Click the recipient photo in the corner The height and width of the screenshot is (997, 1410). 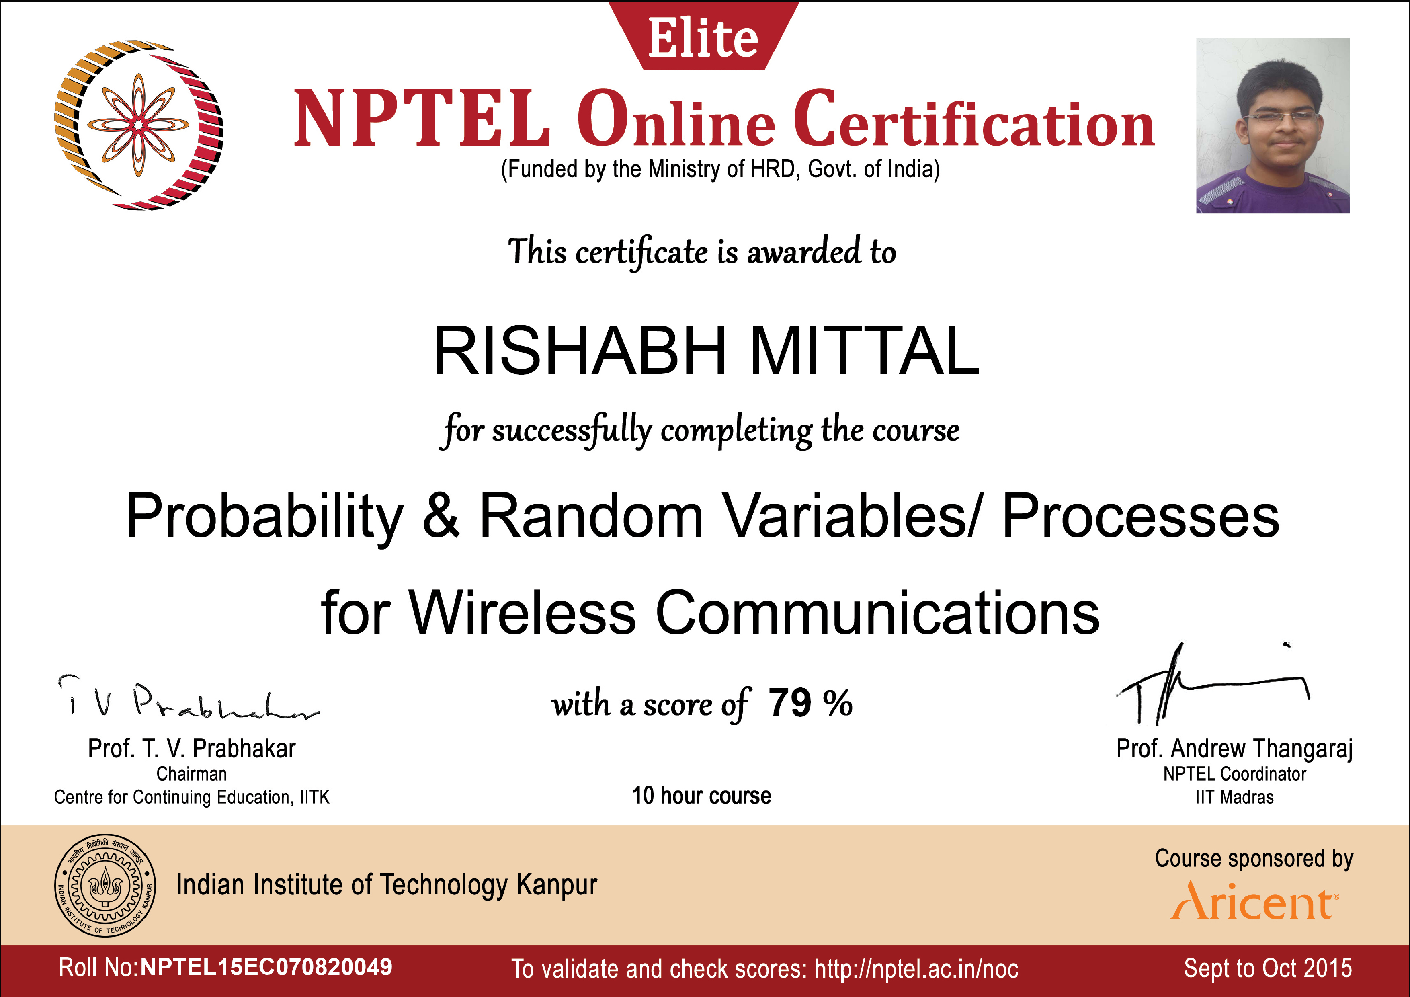[x=1273, y=125]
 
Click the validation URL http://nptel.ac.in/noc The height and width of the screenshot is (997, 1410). [x=916, y=969]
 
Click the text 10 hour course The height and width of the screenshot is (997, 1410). [x=701, y=796]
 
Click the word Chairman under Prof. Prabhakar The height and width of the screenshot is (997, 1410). [x=192, y=773]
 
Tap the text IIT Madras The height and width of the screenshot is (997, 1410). [x=1234, y=797]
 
